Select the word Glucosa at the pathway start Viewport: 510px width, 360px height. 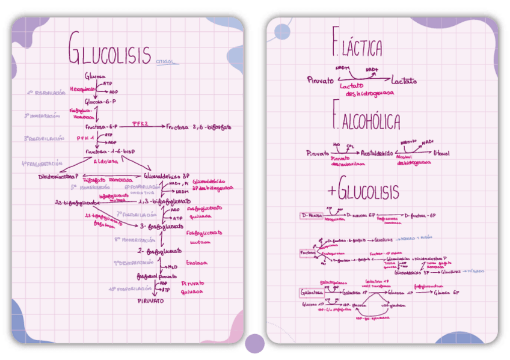pyautogui.click(x=95, y=77)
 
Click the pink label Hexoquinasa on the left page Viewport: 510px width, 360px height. pyautogui.click(x=82, y=88)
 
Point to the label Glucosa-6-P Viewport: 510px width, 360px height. pyautogui.click(x=100, y=102)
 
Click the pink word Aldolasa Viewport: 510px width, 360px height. pyautogui.click(x=106, y=161)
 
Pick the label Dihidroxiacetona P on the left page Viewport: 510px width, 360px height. pyautogui.click(x=58, y=177)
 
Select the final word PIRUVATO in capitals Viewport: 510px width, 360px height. pyautogui.click(x=150, y=300)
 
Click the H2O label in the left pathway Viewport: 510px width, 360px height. pyautogui.click(x=171, y=267)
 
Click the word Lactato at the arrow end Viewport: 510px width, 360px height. pyautogui.click(x=404, y=81)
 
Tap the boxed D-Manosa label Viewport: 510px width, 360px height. pyautogui.click(x=312, y=215)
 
